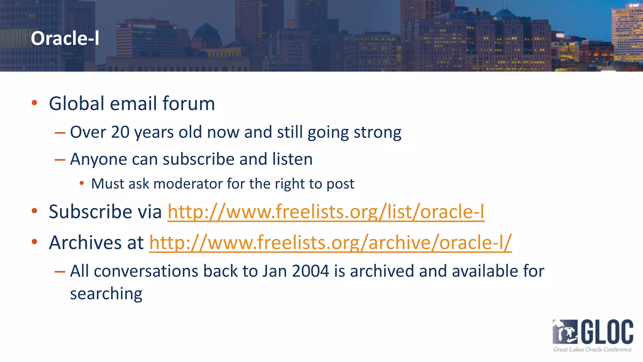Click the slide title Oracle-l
pos(65,38)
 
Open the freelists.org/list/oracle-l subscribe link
pos(326,211)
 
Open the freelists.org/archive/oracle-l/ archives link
pos(330,243)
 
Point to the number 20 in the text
pos(120,132)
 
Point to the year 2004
pos(310,271)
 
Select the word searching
pos(106,294)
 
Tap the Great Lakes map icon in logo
pos(565,332)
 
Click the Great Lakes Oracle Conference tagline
pos(592,349)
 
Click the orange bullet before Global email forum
pos(35,102)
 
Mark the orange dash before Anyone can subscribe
pos(60,160)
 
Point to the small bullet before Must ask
pos(82,183)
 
